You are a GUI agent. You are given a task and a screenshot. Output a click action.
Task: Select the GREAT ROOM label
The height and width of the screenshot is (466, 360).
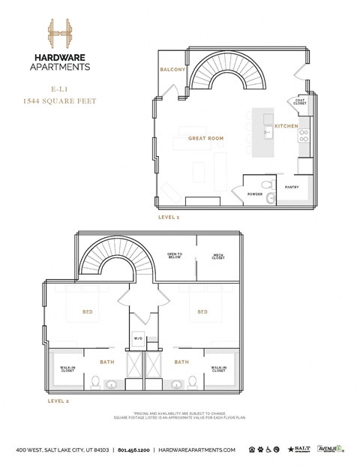(x=206, y=139)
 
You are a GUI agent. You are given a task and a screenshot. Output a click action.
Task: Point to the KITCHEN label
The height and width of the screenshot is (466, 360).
(x=286, y=126)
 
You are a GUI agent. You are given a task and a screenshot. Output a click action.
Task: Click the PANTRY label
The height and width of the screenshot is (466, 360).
(x=292, y=187)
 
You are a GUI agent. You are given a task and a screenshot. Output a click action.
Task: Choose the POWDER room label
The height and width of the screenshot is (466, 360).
(x=255, y=194)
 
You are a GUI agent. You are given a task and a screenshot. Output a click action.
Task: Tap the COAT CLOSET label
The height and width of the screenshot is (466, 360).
(x=301, y=103)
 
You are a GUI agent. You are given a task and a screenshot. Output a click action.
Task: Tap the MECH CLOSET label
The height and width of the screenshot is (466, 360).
(x=218, y=256)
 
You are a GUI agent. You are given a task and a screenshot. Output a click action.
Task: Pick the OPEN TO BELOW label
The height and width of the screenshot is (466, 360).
(x=175, y=256)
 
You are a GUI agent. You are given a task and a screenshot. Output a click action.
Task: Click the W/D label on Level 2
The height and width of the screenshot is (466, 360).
(x=138, y=338)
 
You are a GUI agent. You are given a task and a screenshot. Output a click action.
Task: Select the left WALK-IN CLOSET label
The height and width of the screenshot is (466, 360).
(x=67, y=368)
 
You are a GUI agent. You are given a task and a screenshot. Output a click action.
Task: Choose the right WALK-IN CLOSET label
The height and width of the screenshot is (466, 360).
(x=219, y=368)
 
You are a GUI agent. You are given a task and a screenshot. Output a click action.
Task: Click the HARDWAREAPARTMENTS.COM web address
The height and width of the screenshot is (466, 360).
(x=199, y=449)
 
